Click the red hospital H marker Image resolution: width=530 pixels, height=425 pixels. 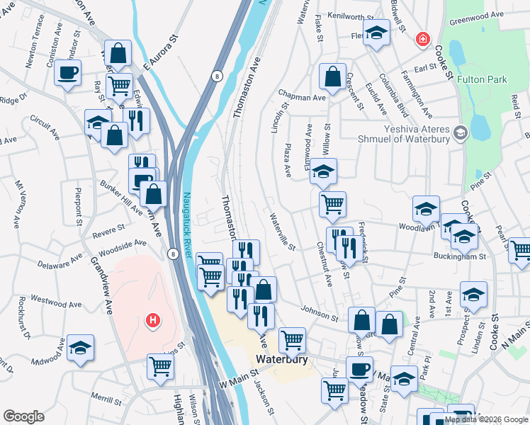(151, 321)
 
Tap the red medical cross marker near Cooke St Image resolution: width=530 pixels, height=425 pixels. (423, 39)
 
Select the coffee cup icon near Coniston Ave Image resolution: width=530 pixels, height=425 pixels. (68, 73)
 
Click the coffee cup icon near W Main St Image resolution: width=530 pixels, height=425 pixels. (359, 369)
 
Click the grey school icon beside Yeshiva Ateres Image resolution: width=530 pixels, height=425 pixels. (461, 132)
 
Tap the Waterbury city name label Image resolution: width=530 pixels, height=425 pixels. (281, 359)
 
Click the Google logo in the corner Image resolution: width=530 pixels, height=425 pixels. (23, 416)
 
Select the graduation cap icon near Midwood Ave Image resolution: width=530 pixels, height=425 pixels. (81, 347)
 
